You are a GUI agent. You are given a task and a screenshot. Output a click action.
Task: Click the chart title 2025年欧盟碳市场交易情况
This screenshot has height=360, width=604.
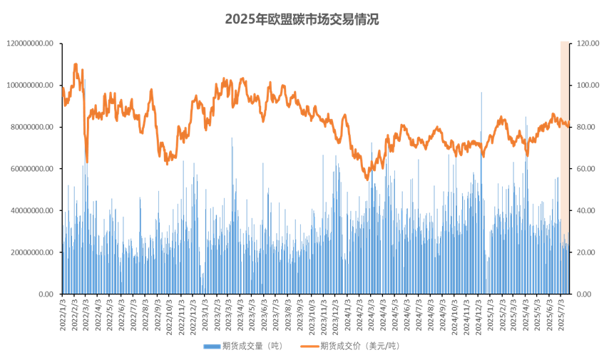click(302, 19)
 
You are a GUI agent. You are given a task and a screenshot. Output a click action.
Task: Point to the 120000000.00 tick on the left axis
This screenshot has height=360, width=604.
click(29, 43)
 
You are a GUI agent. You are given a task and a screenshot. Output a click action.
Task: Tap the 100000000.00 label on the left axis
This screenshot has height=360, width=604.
click(29, 86)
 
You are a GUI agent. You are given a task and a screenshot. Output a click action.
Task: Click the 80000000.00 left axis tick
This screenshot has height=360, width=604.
click(31, 127)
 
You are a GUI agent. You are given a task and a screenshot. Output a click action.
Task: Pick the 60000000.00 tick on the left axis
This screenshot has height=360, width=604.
click(31, 169)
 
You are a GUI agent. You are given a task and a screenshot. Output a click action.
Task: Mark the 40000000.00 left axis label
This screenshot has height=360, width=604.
click(31, 210)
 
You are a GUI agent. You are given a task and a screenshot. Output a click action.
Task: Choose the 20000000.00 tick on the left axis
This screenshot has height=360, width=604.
click(31, 252)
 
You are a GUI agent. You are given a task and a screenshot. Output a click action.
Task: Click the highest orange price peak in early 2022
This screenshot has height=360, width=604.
click(76, 64)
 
